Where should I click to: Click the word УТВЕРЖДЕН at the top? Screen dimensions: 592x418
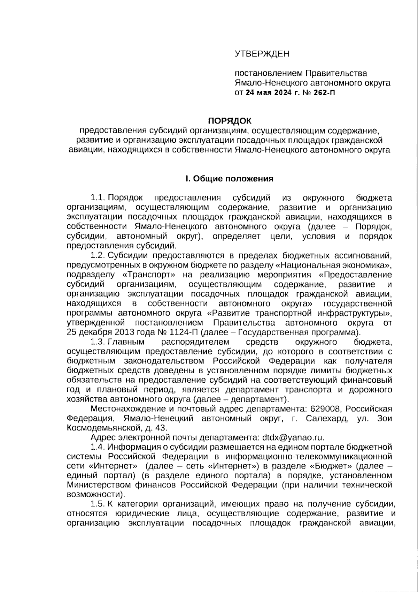tap(262, 54)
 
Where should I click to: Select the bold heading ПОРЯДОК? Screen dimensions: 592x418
tap(229, 121)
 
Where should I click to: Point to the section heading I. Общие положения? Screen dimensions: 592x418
tap(229, 179)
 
